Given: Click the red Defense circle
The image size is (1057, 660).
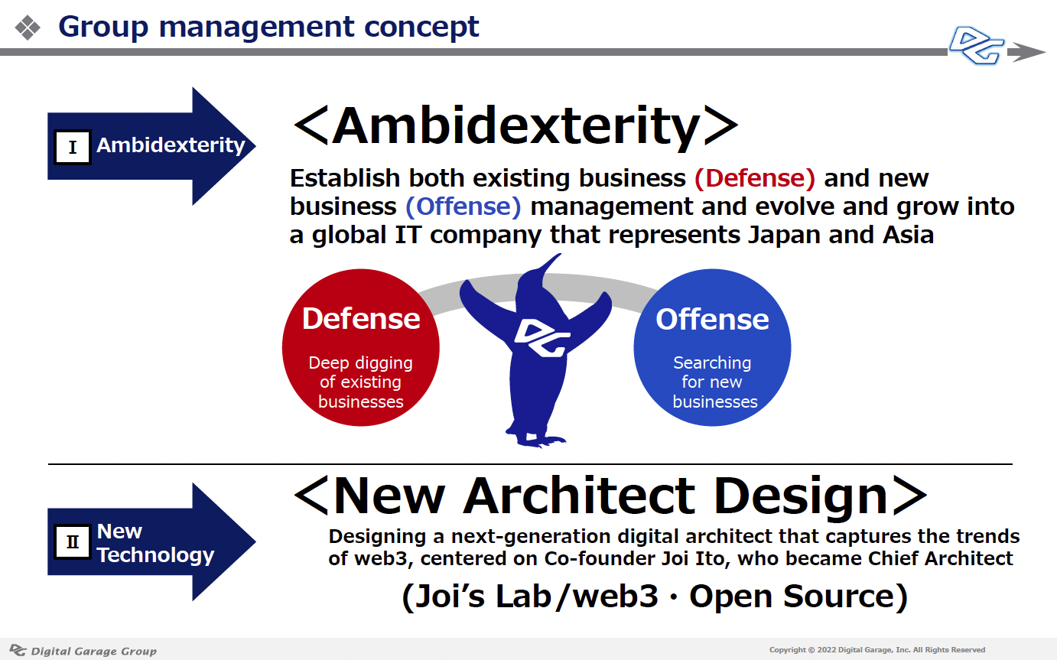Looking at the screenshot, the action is point(361,348).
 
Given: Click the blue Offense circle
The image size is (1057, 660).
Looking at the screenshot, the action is point(712,348).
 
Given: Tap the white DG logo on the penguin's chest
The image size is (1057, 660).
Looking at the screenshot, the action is point(542,338).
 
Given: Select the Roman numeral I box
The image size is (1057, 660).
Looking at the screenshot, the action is point(72,147).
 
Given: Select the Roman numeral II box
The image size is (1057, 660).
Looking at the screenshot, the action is point(72,541).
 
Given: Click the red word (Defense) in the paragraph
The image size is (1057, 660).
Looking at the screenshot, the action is point(755,178).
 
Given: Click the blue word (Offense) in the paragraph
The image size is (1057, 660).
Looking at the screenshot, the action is point(463,206).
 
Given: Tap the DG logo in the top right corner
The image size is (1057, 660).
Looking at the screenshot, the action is point(976,46).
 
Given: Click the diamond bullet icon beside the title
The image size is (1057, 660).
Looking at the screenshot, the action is point(28,28).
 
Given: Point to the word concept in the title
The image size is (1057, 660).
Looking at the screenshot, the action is point(421,28).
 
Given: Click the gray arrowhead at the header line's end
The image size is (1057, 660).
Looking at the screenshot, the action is point(1026,52).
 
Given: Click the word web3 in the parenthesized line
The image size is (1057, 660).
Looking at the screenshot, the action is point(615,597).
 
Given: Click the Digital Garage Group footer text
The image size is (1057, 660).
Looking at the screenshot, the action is point(94,652).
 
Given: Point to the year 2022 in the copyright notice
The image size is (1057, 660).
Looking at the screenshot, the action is point(826,650).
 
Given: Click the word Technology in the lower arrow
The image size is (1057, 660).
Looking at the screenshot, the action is point(155,555).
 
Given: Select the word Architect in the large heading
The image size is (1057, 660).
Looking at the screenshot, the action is point(579,496).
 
